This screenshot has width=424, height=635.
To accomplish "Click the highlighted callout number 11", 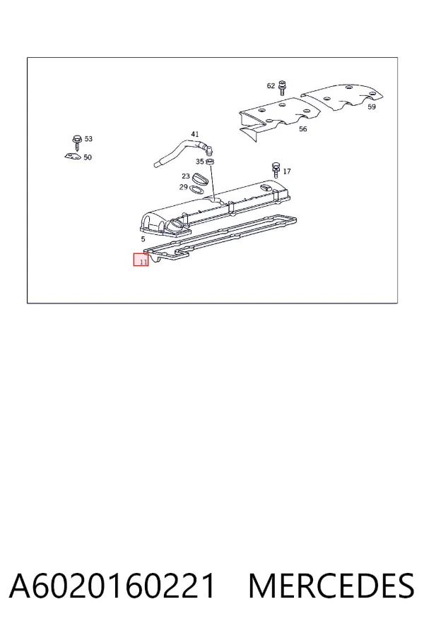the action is click(143, 262).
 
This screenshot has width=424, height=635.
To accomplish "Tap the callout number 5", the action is click(143, 239).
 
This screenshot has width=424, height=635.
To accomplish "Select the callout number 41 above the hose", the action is click(195, 135).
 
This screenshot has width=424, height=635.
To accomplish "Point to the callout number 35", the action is click(199, 162).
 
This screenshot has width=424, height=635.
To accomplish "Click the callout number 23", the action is click(186, 176).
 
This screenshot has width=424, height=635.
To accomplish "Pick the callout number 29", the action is click(184, 187).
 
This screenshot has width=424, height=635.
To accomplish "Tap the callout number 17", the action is click(287, 171).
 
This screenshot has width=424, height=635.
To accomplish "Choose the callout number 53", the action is click(88, 139).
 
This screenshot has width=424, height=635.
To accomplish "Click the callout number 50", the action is click(88, 157).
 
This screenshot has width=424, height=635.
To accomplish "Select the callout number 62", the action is click(271, 86).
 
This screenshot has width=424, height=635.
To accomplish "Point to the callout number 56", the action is click(302, 129).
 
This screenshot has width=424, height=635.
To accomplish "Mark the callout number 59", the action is click(372, 107).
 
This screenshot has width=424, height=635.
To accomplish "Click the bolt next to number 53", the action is click(77, 141).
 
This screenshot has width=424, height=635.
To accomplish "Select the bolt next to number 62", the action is click(283, 88).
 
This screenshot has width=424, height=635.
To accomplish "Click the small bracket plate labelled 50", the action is click(73, 157).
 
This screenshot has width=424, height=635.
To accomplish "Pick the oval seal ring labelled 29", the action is click(196, 189).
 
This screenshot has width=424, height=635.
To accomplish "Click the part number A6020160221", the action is click(112, 586).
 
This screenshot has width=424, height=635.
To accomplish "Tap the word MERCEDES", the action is click(331, 586).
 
